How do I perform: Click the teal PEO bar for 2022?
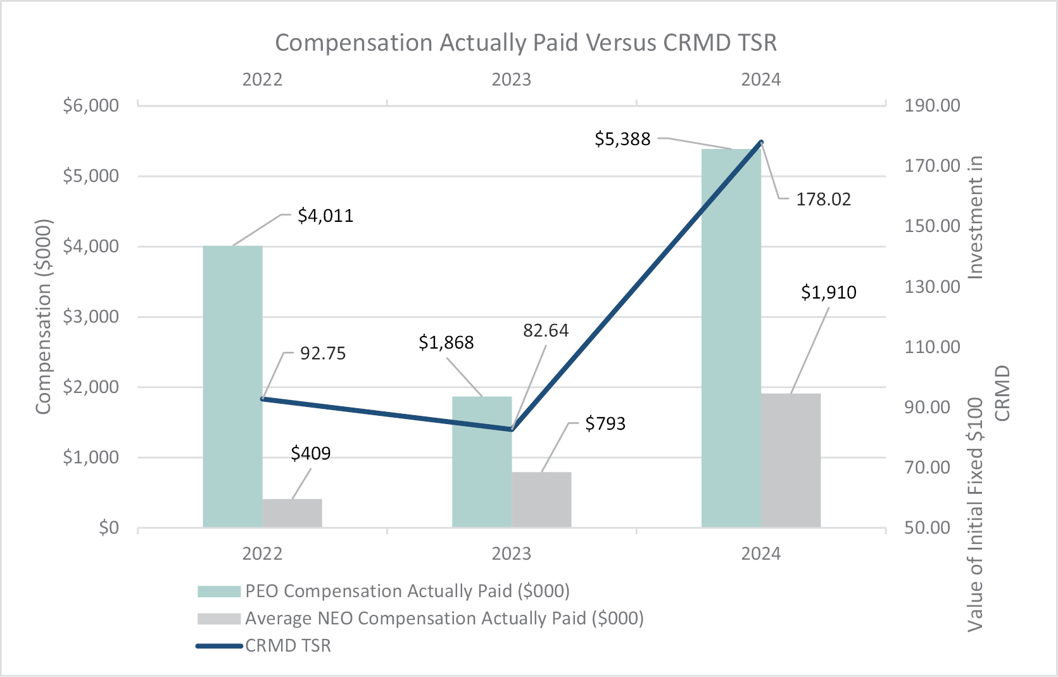(232, 386)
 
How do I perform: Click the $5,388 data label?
(622, 139)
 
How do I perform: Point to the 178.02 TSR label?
(823, 199)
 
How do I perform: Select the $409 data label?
(311, 453)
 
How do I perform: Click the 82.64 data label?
(546, 330)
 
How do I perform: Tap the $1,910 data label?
(828, 292)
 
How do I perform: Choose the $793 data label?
(605, 423)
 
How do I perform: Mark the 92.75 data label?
(323, 353)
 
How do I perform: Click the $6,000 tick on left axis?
(91, 105)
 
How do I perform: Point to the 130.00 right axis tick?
(932, 287)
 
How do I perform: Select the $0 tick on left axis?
(108, 527)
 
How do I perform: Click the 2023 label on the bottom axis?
(512, 554)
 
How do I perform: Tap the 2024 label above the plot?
(761, 80)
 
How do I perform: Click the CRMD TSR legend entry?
(287, 645)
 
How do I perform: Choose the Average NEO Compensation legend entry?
(444, 618)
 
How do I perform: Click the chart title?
(526, 42)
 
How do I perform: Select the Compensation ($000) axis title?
(43, 317)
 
